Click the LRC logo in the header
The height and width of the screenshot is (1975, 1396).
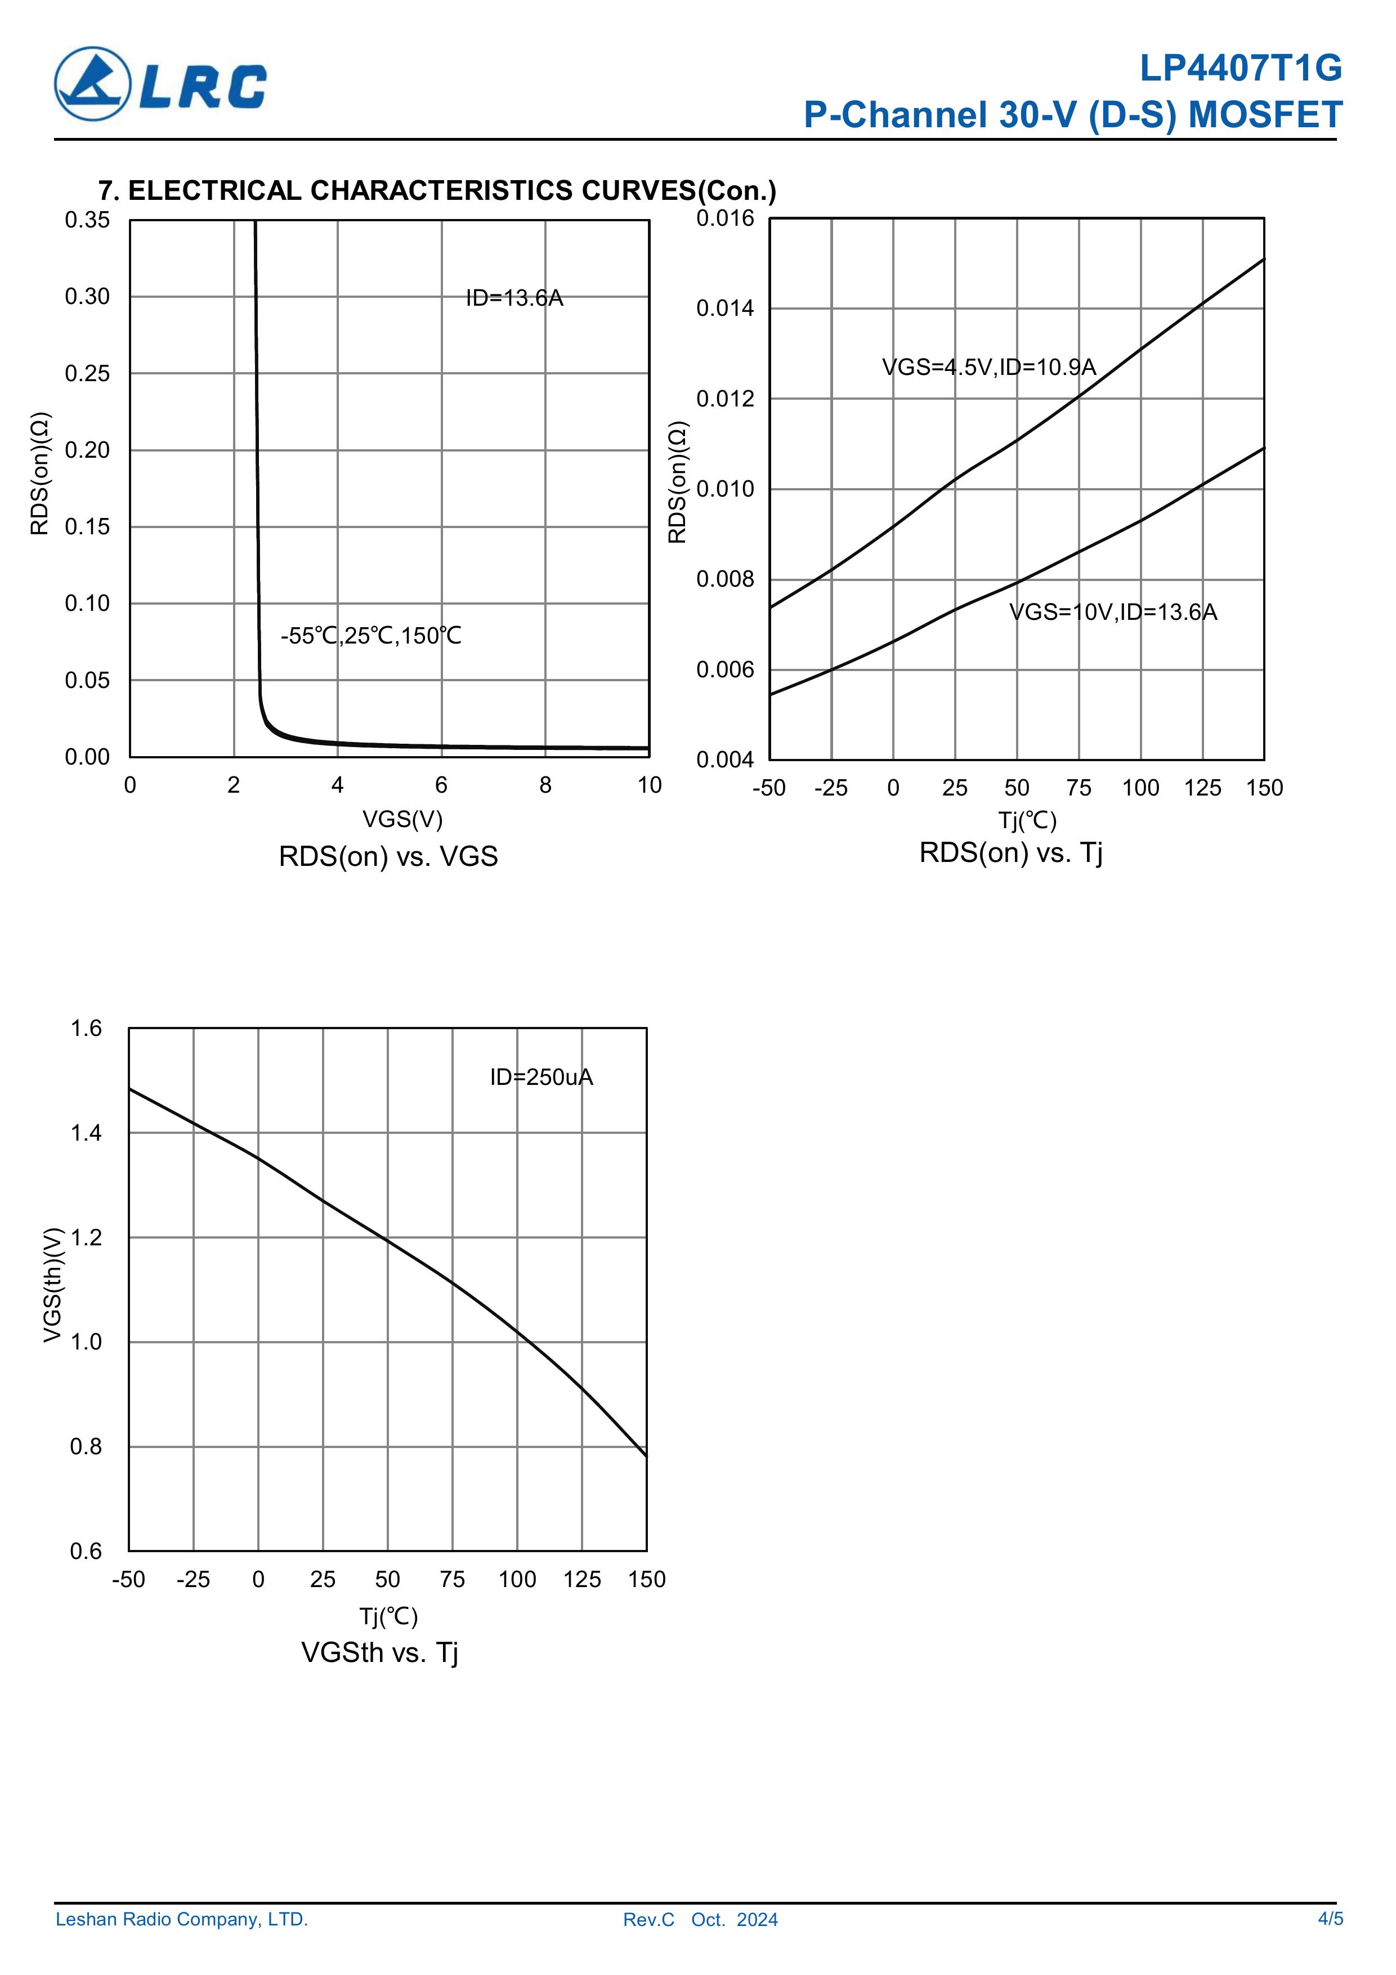pyautogui.click(x=161, y=83)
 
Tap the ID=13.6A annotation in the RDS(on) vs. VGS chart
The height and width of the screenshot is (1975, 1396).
pyautogui.click(x=514, y=298)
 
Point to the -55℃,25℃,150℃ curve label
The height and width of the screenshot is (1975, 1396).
pyautogui.click(x=371, y=636)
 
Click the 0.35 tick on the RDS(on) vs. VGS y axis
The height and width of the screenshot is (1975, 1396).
pyautogui.click(x=88, y=220)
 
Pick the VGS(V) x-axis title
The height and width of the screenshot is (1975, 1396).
pyautogui.click(x=402, y=819)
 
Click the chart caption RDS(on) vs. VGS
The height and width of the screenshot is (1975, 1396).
pyautogui.click(x=388, y=857)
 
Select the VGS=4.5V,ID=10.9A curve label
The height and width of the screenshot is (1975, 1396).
pyautogui.click(x=988, y=367)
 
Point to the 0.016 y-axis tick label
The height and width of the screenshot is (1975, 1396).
pyautogui.click(x=724, y=218)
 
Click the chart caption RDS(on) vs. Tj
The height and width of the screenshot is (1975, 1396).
pyautogui.click(x=1010, y=852)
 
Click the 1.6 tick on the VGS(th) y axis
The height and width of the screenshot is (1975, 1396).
pyautogui.click(x=86, y=1029)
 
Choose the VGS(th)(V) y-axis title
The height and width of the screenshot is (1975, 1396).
pyautogui.click(x=53, y=1284)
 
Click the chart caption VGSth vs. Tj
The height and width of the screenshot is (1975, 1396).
pyautogui.click(x=379, y=1652)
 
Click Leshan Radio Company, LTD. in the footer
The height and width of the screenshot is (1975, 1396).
pyautogui.click(x=181, y=1919)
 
